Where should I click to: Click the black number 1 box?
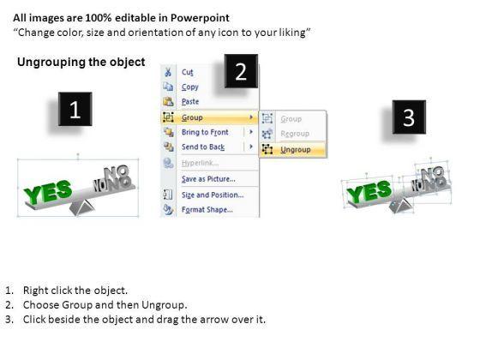(x=75, y=109)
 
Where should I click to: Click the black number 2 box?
(x=241, y=71)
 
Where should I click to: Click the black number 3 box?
(x=409, y=117)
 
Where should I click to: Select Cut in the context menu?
(x=188, y=72)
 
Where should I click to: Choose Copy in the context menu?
(x=190, y=87)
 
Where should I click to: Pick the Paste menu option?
(x=190, y=101)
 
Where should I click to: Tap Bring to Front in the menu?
(x=205, y=132)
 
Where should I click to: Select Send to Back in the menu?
(x=203, y=147)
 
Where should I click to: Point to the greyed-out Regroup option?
(x=295, y=134)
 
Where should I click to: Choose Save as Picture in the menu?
(x=208, y=179)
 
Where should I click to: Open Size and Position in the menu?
(x=213, y=195)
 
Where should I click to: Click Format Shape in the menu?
(x=207, y=210)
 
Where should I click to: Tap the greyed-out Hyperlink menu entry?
(x=200, y=163)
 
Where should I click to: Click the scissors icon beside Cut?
(x=168, y=72)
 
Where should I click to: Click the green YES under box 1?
(x=48, y=192)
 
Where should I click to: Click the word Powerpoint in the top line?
(x=200, y=18)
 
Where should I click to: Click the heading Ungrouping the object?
(x=81, y=62)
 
